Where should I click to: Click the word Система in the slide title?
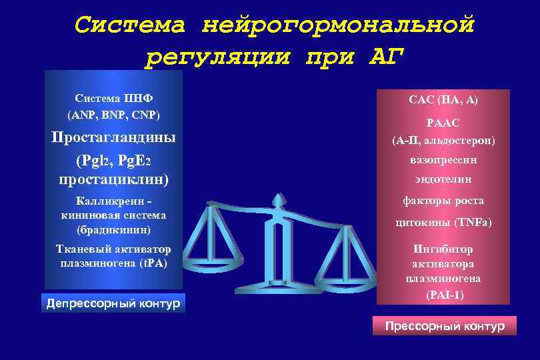[x=130, y=25]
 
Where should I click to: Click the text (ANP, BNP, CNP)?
[x=113, y=115]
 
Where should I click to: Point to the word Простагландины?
[x=114, y=138]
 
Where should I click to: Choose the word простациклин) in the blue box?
[x=113, y=179]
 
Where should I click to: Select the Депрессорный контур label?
[x=113, y=304]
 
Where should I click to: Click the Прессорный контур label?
[x=445, y=326]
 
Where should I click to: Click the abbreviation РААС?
[x=443, y=123]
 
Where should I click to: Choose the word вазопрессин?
[x=443, y=160]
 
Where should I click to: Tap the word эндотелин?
[x=443, y=179]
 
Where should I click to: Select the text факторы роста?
[x=443, y=200]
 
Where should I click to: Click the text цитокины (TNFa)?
[x=443, y=223]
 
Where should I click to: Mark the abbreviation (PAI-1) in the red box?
[x=443, y=294]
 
